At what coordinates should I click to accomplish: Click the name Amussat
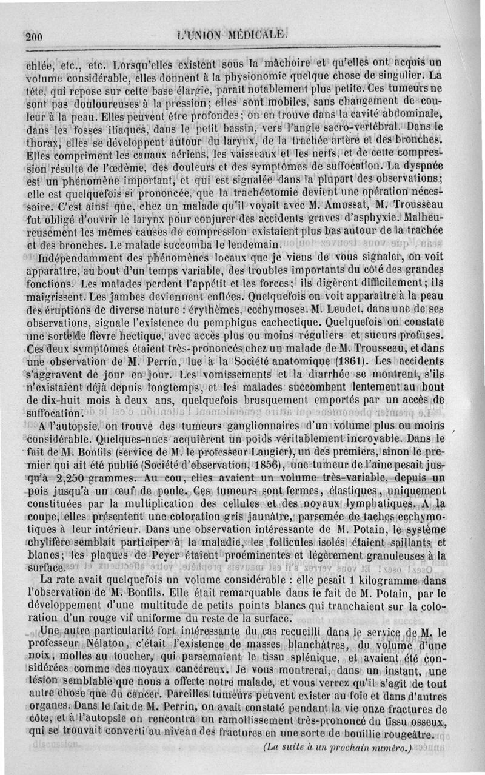coord(278,207)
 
